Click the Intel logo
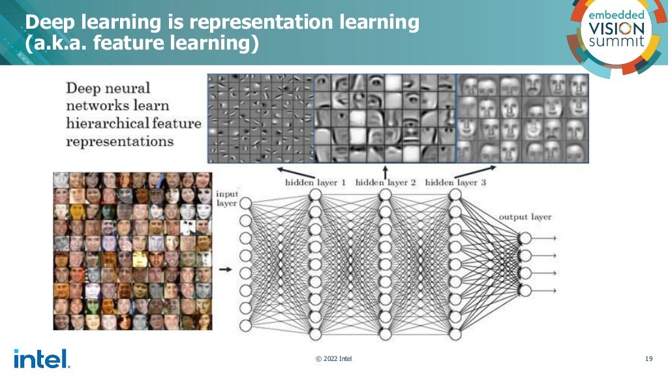point(40,358)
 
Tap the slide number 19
point(648,358)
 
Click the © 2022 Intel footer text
point(333,358)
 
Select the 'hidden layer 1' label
point(315,183)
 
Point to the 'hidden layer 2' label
point(386,183)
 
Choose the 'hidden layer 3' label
point(455,183)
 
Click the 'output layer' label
point(524,217)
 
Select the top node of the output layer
point(525,238)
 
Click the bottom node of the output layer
point(525,290)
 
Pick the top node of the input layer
point(246,204)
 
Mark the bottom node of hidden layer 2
point(385,334)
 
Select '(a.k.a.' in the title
point(52,44)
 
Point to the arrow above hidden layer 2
point(386,171)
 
